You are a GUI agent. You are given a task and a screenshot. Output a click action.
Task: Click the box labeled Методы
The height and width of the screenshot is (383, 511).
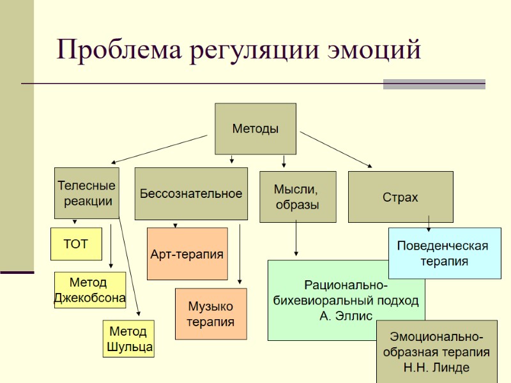pos(255,128)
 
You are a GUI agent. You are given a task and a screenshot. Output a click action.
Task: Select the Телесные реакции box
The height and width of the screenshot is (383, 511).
pos(86,193)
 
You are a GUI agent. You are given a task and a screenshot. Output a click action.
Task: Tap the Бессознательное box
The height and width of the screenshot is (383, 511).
pos(191,193)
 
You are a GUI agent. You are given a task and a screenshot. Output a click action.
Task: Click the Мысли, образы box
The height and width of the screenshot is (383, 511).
pos(297,197)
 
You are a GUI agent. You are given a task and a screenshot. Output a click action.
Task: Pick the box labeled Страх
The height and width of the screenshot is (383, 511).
pos(400,197)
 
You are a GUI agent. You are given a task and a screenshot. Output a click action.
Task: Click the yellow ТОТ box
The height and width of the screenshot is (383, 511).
pos(76,244)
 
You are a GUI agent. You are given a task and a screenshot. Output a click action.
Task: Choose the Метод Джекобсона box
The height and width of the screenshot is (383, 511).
pos(89,290)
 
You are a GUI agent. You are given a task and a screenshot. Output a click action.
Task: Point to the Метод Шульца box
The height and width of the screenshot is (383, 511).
pos(128,339)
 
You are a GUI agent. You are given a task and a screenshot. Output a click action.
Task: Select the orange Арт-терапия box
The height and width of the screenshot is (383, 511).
pos(187,254)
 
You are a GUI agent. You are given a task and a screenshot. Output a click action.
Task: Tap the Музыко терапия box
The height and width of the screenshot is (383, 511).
pos(210,314)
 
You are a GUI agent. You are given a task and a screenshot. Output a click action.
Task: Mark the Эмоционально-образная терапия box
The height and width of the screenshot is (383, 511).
pos(436,352)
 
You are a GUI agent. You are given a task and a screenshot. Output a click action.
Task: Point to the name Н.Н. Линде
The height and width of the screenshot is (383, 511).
pos(436,367)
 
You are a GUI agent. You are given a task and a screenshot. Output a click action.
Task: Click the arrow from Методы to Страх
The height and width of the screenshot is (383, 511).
pos(335,149)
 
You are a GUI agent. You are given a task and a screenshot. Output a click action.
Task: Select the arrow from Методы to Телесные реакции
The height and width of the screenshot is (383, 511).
pos(160,149)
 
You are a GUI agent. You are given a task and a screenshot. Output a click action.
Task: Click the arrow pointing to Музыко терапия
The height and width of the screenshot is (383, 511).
pos(240,252)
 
